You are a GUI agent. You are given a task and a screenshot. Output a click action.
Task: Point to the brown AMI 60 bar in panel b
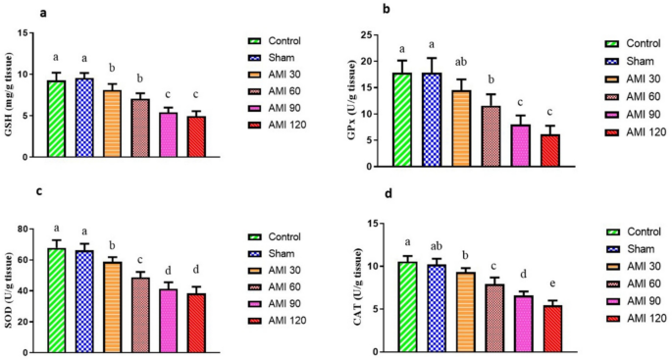491,136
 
